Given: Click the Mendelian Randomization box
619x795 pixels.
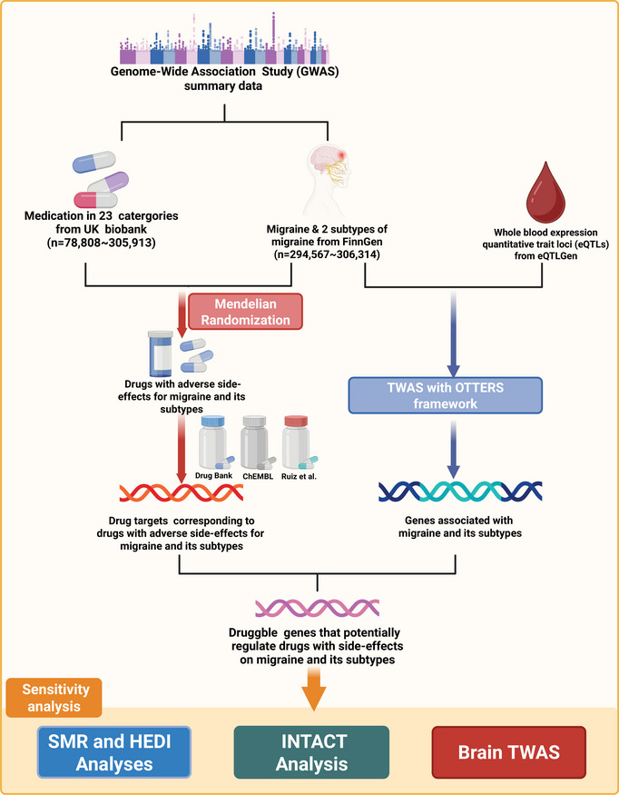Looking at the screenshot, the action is tap(245, 312).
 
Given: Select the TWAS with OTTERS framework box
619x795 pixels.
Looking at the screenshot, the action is tap(446, 395).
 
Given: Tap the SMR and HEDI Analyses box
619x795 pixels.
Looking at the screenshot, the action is tap(114, 752).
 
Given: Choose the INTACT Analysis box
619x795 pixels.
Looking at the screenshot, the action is tap(311, 752).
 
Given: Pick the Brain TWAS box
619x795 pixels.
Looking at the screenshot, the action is tap(508, 752).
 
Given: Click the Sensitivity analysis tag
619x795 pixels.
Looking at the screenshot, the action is tap(54, 698).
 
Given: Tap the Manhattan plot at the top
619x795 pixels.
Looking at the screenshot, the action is tap(224, 38).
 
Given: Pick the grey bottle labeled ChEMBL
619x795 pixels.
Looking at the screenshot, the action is tap(255, 442).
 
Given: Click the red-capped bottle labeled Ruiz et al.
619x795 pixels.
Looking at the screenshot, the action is tap(298, 442).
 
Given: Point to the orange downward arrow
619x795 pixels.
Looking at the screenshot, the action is tap(314, 689).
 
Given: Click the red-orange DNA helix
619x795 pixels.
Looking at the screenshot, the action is tap(182, 492).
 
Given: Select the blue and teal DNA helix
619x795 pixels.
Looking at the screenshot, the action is tap(460, 492).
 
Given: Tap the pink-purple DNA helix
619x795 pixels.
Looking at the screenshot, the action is tap(317, 608).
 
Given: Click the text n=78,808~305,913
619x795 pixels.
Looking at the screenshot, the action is tap(102, 243).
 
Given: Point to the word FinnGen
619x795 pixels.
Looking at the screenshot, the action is tap(361, 242).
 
